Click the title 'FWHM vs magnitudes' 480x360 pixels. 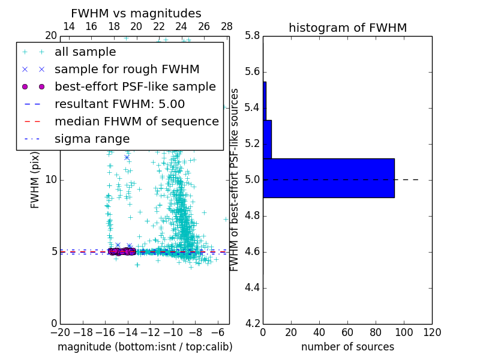136,13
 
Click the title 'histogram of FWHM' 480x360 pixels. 347,28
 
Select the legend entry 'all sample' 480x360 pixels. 85,52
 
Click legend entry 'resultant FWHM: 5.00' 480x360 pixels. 119,104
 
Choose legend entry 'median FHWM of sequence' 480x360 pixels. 136,121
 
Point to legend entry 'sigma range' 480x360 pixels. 92,139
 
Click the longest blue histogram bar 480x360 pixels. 329,178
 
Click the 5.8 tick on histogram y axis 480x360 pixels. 252,35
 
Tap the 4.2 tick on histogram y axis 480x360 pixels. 252,323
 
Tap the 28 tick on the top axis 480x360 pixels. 227,26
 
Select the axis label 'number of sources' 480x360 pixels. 347,347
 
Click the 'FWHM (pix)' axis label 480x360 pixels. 35,179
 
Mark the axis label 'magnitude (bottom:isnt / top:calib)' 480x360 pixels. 145,347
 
